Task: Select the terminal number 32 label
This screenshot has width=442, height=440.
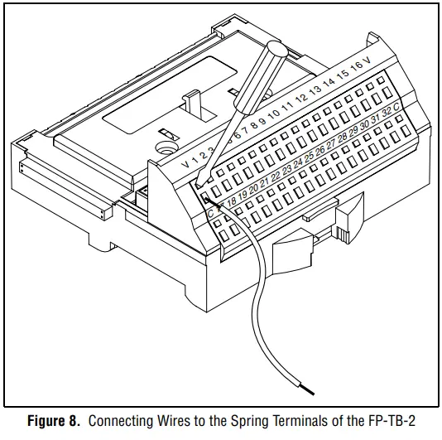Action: tap(385, 112)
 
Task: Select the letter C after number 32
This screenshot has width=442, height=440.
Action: tap(397, 106)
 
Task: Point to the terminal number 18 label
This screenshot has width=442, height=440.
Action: tap(231, 200)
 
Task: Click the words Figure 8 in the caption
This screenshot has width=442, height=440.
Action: tap(53, 421)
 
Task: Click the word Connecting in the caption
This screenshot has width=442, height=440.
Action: tap(118, 421)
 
